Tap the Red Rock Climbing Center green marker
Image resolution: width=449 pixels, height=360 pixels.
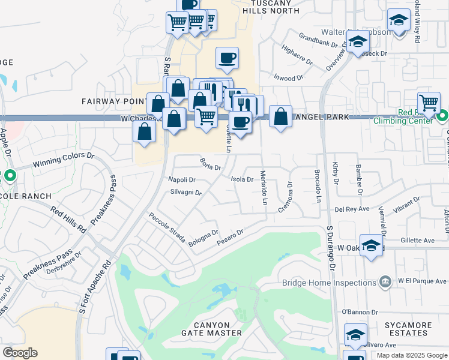click(x=443, y=116)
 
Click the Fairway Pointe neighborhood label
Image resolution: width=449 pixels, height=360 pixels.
click(x=114, y=102)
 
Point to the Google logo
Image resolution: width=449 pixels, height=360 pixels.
click(x=20, y=353)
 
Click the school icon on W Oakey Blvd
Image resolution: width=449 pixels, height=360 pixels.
click(x=372, y=245)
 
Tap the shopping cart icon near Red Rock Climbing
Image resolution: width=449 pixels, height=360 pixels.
click(x=429, y=103)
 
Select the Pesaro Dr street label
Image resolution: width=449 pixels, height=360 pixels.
click(x=231, y=234)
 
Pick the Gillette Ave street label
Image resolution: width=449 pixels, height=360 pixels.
click(x=417, y=240)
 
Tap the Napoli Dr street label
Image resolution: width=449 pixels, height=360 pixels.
click(x=182, y=179)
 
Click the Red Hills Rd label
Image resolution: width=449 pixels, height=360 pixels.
click(x=68, y=219)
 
